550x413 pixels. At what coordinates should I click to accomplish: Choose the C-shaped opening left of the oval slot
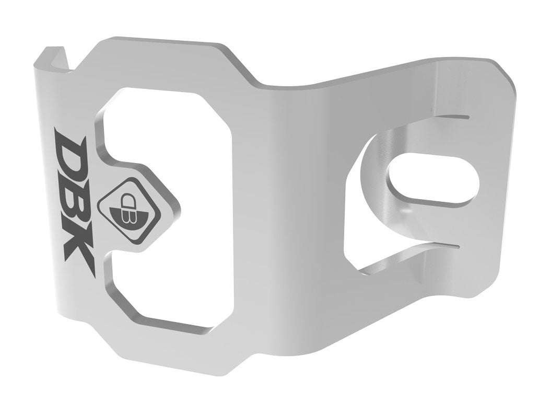click(x=360, y=220)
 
